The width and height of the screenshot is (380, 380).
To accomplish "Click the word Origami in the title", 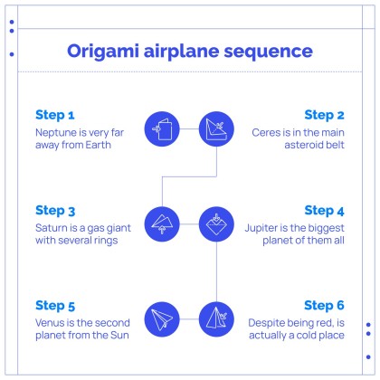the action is click(x=103, y=52).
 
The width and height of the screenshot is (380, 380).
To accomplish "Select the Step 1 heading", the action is click(x=55, y=115).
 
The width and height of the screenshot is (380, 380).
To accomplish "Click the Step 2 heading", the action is click(x=324, y=115).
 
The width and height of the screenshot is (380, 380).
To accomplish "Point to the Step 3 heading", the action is click(x=55, y=211).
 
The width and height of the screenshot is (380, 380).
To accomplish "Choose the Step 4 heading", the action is click(x=324, y=211).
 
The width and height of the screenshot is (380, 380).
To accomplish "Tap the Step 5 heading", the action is click(x=55, y=306).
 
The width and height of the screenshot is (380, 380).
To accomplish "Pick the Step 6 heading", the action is click(x=324, y=306).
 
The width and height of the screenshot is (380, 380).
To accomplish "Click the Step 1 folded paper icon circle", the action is click(x=162, y=129).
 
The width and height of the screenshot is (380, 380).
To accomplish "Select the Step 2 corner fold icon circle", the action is click(x=216, y=129).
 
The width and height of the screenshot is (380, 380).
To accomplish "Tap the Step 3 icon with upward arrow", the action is click(x=162, y=224).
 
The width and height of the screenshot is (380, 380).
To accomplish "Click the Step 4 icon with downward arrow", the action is click(x=216, y=224).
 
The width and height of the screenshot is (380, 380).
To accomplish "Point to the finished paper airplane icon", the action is click(x=162, y=319).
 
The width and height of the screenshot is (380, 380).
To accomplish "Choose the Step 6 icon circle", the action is click(x=216, y=319).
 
